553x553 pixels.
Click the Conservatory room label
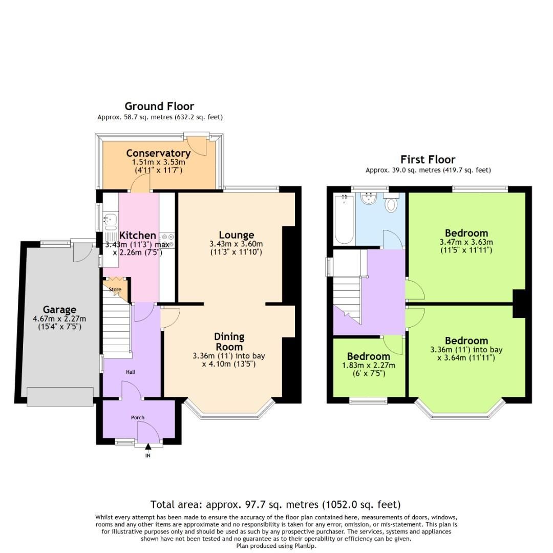tap(158, 153)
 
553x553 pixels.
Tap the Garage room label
tap(59, 309)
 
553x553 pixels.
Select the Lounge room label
tap(236, 235)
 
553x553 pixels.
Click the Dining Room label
tap(229, 342)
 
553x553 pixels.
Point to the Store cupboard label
tap(115, 290)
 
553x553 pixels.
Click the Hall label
tap(131, 372)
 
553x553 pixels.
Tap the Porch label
tap(138, 417)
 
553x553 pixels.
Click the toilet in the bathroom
tap(391, 203)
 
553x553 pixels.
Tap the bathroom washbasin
tap(368, 198)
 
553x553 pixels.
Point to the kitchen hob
tap(168, 237)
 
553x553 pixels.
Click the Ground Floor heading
tap(159, 107)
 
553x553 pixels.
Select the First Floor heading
tap(428, 159)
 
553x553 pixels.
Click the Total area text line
tap(275, 504)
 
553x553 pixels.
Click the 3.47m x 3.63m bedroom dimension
tap(466, 242)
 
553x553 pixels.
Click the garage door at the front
tap(60, 397)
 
